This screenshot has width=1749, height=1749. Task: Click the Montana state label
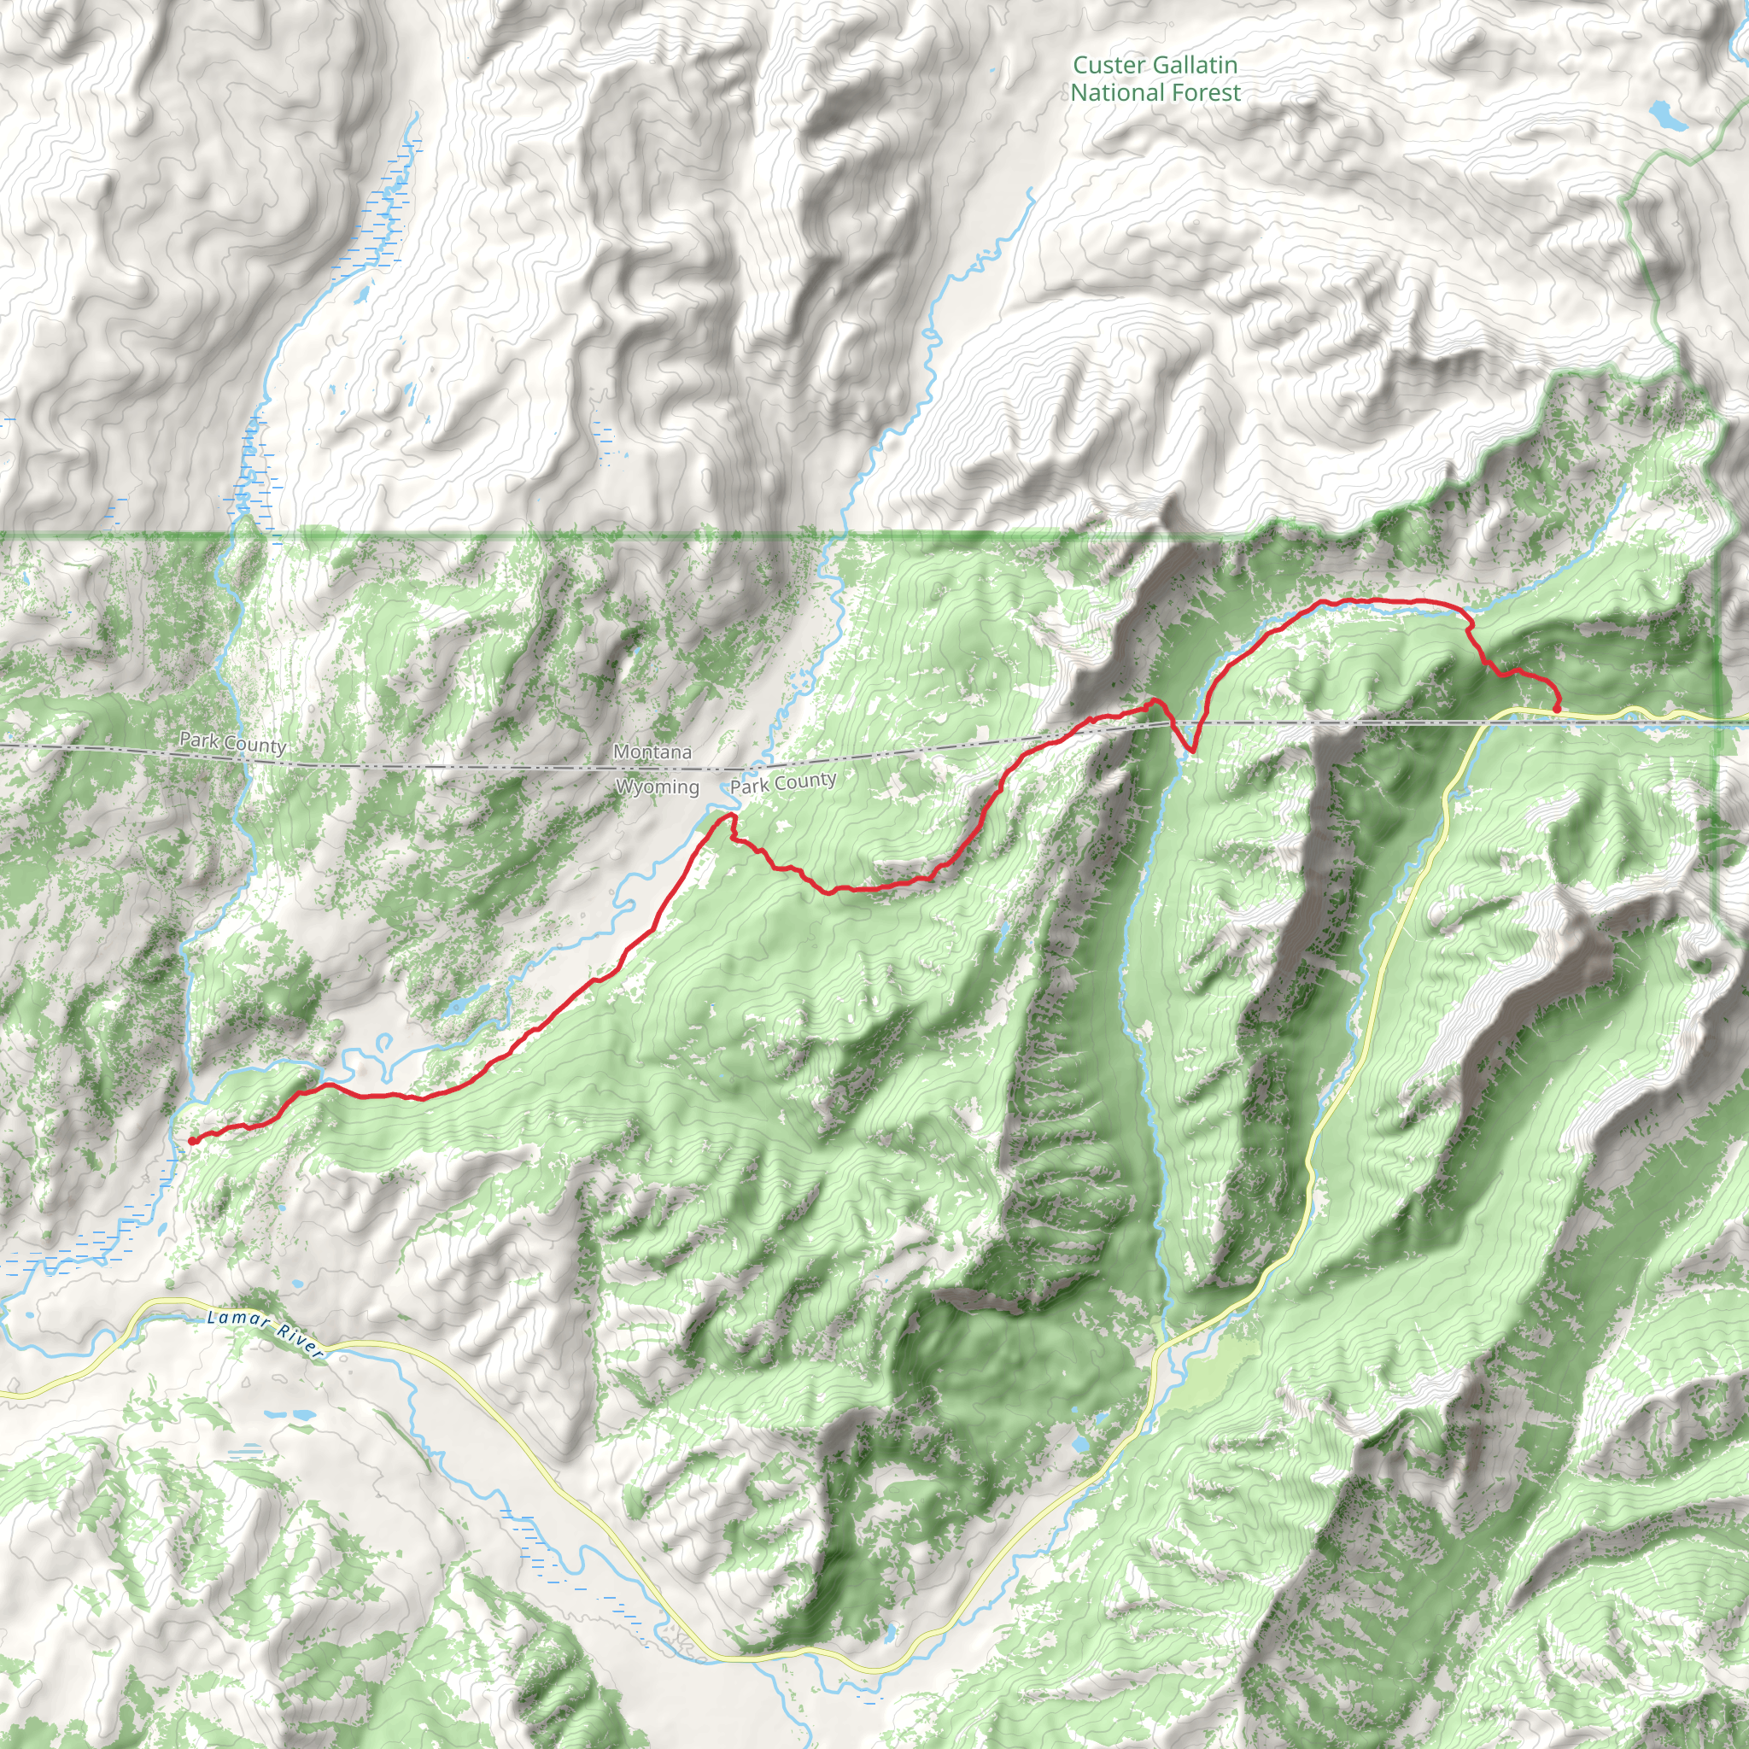pos(652,752)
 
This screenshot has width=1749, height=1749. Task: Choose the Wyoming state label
pos(658,787)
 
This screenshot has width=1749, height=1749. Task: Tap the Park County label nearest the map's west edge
pos(232,743)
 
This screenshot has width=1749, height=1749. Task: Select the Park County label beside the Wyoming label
pos(783,783)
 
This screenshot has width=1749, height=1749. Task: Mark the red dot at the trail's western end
pos(193,1141)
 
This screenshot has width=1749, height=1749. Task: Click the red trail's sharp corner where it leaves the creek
pos(1468,623)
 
